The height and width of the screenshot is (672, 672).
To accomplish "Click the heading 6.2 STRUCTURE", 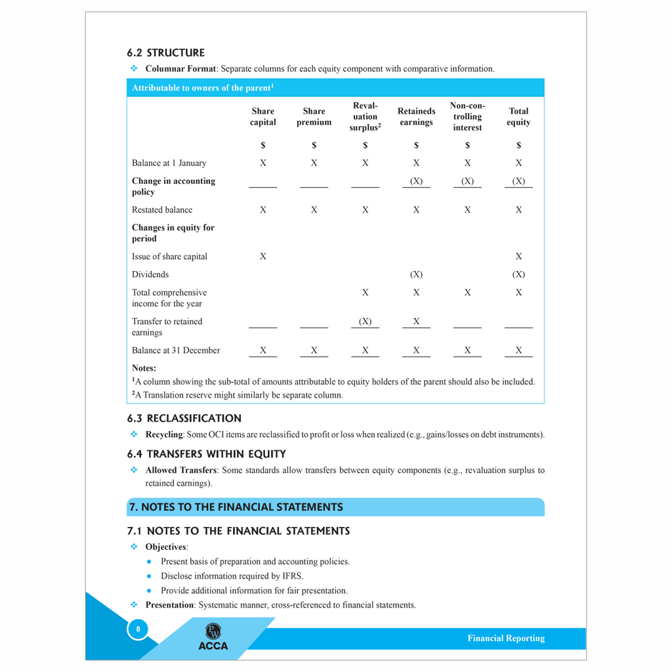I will click(x=165, y=52).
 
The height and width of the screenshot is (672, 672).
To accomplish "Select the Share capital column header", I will click(x=262, y=117).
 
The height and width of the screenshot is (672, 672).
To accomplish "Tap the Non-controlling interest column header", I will click(x=467, y=117).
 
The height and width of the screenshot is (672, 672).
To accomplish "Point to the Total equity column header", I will click(x=518, y=117).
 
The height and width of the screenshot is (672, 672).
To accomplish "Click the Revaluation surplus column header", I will click(x=365, y=117).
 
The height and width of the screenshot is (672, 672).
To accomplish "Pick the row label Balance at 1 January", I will click(x=169, y=163).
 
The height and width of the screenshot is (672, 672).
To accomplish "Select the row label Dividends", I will click(x=150, y=274).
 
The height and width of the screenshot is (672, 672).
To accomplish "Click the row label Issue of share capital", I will click(x=169, y=257).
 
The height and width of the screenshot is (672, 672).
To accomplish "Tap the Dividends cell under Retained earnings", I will click(x=416, y=274).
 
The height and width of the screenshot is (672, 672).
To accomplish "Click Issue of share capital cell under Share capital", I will click(x=262, y=257).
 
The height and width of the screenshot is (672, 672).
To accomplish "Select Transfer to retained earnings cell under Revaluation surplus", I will click(x=365, y=322).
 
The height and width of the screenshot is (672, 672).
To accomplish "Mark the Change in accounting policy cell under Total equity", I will click(x=518, y=181).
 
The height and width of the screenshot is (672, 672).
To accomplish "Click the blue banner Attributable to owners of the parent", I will click(x=203, y=88).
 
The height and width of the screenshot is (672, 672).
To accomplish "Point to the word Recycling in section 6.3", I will click(x=164, y=434).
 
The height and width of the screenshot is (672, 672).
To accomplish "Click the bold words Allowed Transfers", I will click(x=180, y=471).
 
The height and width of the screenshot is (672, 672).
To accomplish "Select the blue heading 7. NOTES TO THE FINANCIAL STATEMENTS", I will click(x=236, y=507).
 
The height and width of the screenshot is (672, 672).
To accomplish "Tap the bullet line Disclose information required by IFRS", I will click(x=232, y=576).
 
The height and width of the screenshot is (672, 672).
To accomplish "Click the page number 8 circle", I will click(x=138, y=629).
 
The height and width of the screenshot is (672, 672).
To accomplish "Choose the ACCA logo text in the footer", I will click(x=213, y=646).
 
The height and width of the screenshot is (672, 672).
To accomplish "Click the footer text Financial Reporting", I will click(x=506, y=639).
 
